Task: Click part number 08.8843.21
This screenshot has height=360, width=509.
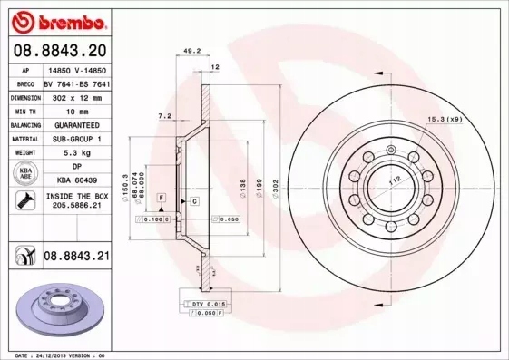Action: [76, 258]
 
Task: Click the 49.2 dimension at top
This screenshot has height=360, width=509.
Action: [191, 52]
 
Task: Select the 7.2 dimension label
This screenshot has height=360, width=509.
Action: [164, 117]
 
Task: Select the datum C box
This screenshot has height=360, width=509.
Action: [194, 200]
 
